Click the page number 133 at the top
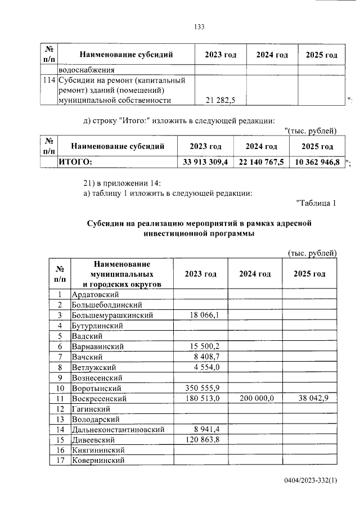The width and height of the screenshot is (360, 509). [198, 27]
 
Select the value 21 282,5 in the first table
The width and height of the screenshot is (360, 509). [221, 100]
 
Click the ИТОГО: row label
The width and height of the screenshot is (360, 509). [75, 162]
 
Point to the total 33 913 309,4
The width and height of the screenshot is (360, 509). [205, 162]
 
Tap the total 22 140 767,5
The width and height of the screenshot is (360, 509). [262, 162]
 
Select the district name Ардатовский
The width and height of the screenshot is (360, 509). [94, 294]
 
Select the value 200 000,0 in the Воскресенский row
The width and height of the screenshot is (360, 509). [256, 398]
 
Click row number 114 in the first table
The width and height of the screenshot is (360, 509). [49, 80]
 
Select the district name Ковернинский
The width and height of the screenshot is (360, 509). [97, 461]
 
